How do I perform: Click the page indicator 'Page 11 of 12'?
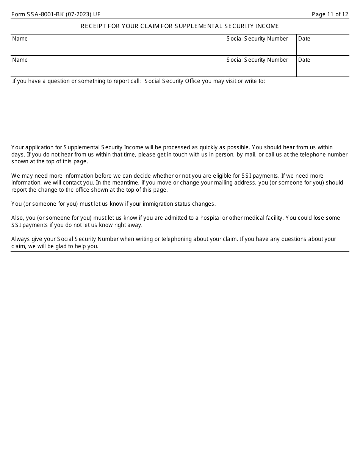tap(330, 14)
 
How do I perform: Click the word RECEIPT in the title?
tap(92, 26)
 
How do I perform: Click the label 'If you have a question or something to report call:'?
tap(77, 81)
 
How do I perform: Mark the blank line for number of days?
tap(342, 148)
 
